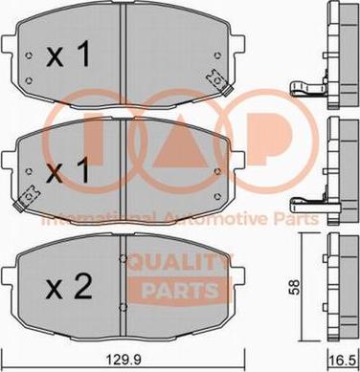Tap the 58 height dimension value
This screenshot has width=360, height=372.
coord(294,288)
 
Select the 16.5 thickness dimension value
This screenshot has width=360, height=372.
coord(345,361)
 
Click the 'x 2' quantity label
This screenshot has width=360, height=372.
coord(69,286)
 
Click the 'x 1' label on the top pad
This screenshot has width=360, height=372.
coord(68,55)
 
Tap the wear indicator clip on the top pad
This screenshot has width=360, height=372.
coord(219,82)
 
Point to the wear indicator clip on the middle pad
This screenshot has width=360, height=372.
coord(26,199)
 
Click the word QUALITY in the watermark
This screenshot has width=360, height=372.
coord(180,264)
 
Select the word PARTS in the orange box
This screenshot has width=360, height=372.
coord(180,291)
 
